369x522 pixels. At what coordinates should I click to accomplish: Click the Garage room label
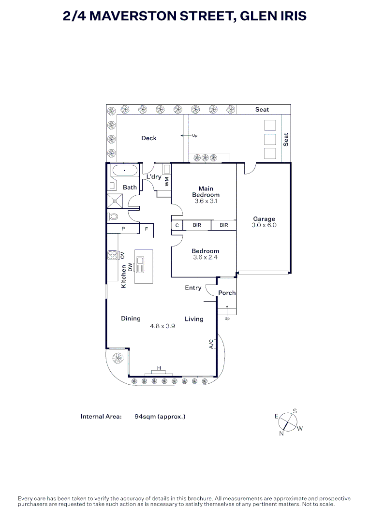(264, 219)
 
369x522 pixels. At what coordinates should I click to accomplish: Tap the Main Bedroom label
(206, 192)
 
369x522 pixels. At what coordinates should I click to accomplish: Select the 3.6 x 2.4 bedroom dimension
(205, 257)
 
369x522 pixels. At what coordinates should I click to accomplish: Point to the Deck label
(149, 138)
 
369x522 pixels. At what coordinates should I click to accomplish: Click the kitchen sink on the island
(140, 264)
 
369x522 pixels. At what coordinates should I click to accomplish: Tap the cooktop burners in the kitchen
(113, 255)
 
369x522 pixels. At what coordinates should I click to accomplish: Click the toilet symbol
(114, 217)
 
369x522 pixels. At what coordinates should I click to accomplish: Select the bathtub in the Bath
(125, 171)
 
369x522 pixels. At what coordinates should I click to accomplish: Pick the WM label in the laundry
(167, 182)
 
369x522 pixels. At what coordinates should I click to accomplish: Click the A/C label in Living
(211, 344)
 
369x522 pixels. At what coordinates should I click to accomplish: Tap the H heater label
(159, 369)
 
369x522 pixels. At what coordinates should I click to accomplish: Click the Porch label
(227, 293)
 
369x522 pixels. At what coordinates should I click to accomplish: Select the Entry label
(193, 288)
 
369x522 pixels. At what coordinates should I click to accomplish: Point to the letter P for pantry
(123, 229)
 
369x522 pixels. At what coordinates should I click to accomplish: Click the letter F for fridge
(146, 229)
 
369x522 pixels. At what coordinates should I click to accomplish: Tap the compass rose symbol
(289, 421)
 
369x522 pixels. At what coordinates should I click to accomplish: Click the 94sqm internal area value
(160, 416)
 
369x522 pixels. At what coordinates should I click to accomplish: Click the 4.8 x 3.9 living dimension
(162, 326)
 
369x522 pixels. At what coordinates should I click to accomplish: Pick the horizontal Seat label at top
(262, 110)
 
